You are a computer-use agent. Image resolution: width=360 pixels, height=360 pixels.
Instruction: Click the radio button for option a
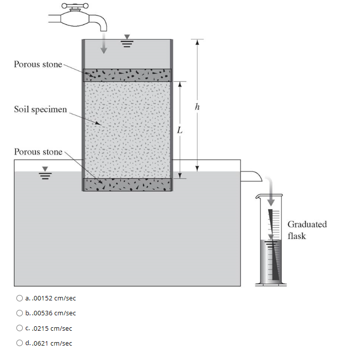click(20, 298)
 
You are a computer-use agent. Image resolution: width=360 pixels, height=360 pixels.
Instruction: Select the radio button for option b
click(20, 313)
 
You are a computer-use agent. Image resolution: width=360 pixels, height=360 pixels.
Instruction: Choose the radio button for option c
click(20, 328)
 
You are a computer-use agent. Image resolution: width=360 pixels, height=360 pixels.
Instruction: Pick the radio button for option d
click(20, 343)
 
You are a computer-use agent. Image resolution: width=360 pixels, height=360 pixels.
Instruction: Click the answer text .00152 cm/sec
click(53, 298)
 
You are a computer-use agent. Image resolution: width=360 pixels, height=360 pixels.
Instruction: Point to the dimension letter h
click(198, 106)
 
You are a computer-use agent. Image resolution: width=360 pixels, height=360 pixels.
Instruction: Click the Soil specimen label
click(40, 109)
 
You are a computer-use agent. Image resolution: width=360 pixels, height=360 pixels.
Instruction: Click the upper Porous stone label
click(38, 64)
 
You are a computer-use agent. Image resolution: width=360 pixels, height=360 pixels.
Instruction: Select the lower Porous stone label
click(38, 151)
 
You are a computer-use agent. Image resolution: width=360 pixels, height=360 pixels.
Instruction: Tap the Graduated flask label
click(307, 230)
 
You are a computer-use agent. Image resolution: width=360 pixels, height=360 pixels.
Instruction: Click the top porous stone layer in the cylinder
click(127, 75)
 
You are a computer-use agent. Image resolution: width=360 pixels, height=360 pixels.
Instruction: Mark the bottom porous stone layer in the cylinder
click(127, 185)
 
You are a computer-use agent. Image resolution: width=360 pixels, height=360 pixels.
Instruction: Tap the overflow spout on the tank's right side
click(251, 174)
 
